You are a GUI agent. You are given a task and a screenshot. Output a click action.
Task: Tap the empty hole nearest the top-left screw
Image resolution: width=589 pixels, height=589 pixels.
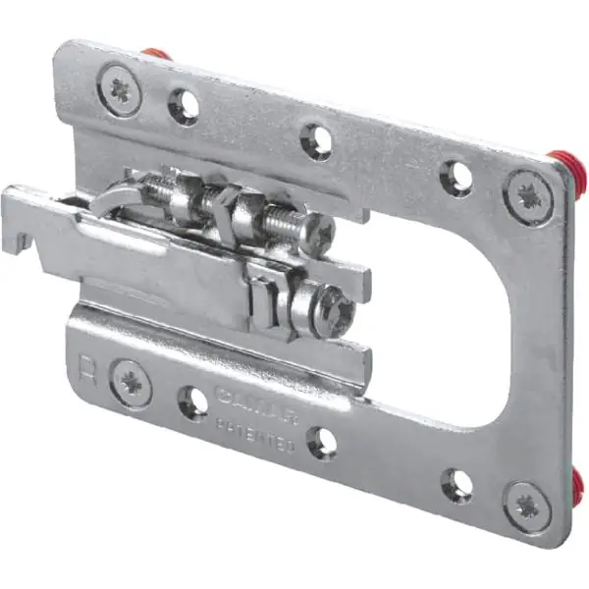coord(183,105)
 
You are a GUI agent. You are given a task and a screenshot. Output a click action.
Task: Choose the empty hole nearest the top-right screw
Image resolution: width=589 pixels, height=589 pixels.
coord(455,177)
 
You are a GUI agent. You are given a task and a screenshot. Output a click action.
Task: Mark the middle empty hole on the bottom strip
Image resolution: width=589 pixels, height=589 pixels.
coord(322,442)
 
